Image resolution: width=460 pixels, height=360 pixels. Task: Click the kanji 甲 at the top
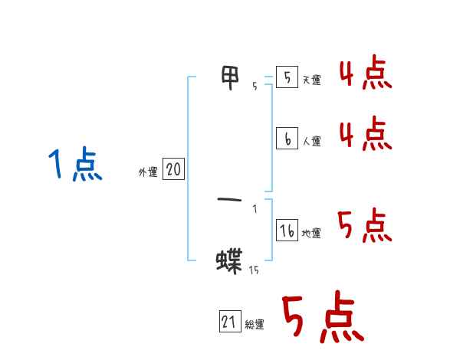click(230, 78)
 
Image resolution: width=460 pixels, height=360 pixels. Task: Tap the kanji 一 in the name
click(229, 201)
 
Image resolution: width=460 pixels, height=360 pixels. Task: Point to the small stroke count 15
click(254, 270)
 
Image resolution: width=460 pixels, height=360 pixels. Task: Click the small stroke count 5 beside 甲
click(255, 87)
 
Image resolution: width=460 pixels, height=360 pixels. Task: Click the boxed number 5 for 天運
click(287, 78)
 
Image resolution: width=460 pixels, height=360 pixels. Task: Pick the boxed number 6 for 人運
click(287, 139)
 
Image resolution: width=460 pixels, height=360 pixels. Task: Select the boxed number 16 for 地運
click(287, 231)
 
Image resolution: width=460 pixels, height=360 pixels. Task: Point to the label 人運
click(312, 141)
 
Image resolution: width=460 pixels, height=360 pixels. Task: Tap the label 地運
click(312, 233)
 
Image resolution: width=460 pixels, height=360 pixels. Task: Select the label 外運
click(148, 172)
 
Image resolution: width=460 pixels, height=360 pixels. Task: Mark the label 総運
click(255, 325)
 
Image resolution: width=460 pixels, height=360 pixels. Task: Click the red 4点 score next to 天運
click(366, 74)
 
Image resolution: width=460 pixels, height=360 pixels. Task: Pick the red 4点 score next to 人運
click(366, 134)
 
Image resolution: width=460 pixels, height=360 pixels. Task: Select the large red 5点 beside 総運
click(323, 318)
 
